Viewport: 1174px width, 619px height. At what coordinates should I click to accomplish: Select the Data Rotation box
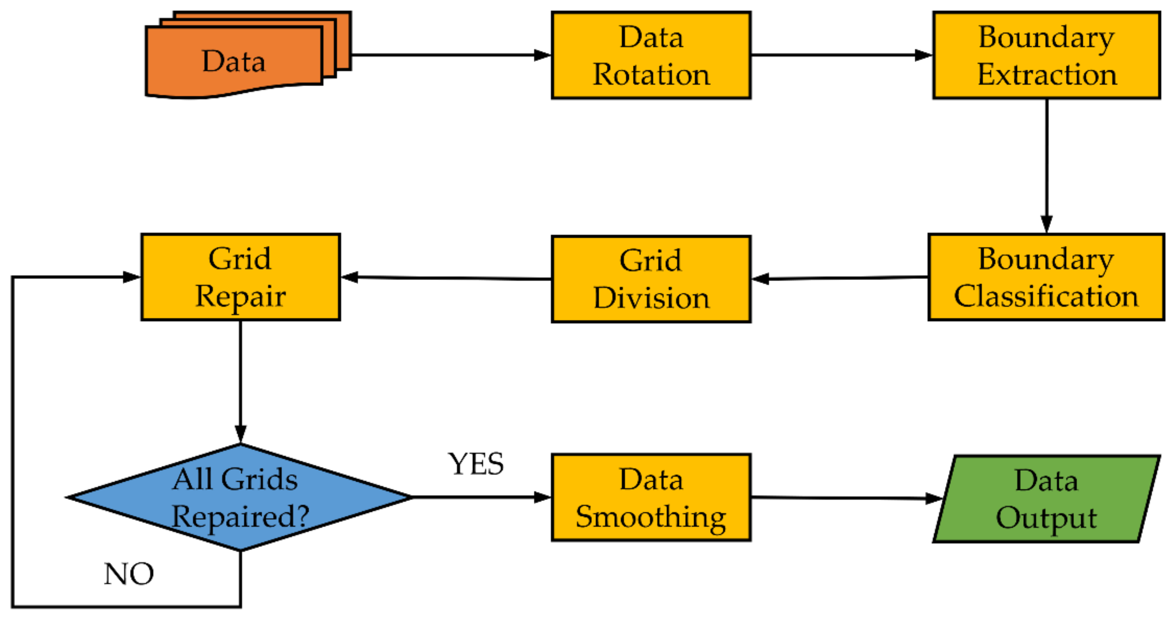[651, 55]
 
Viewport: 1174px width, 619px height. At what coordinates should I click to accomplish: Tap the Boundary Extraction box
[1046, 55]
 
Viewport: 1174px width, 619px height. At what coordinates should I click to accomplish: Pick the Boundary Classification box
[1046, 277]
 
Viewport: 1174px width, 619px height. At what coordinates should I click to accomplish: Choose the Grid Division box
[651, 279]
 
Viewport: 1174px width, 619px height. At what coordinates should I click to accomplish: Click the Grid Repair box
[240, 277]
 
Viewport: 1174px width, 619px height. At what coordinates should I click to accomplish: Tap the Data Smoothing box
[651, 498]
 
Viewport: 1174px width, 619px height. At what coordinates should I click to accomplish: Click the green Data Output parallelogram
[1046, 499]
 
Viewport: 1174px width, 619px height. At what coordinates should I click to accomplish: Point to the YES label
[476, 464]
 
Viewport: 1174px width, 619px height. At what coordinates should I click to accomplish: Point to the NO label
[128, 574]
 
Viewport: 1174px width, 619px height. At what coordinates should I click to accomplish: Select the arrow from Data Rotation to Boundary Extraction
[841, 55]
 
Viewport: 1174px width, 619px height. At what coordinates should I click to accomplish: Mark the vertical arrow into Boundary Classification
[1046, 164]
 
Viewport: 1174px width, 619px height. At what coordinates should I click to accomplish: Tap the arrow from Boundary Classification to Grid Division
[841, 278]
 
